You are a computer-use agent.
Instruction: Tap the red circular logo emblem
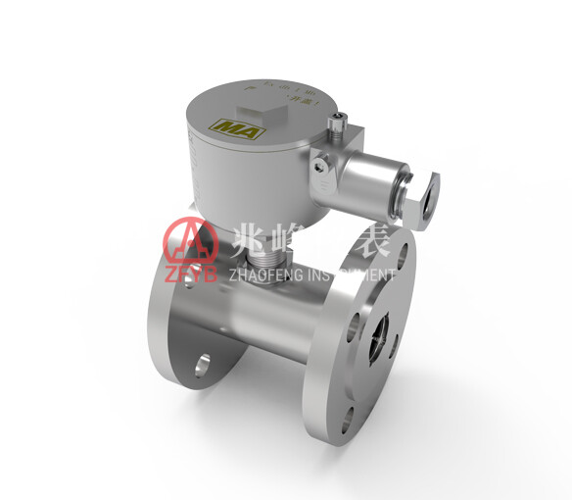pos(180,238)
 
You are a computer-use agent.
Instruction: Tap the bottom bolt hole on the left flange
pos(202,367)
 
